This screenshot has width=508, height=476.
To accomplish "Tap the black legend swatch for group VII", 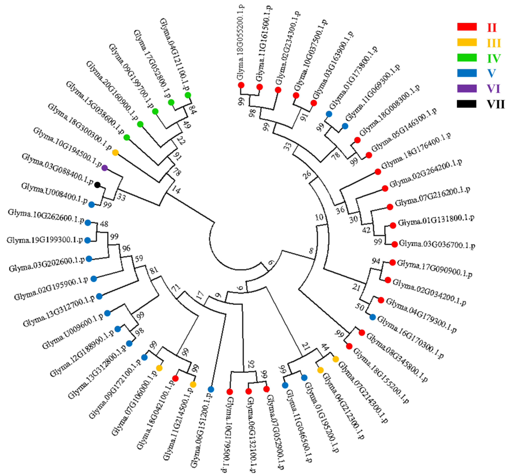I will point(467,104).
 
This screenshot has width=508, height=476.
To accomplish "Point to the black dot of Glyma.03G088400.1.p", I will point(97,185).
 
